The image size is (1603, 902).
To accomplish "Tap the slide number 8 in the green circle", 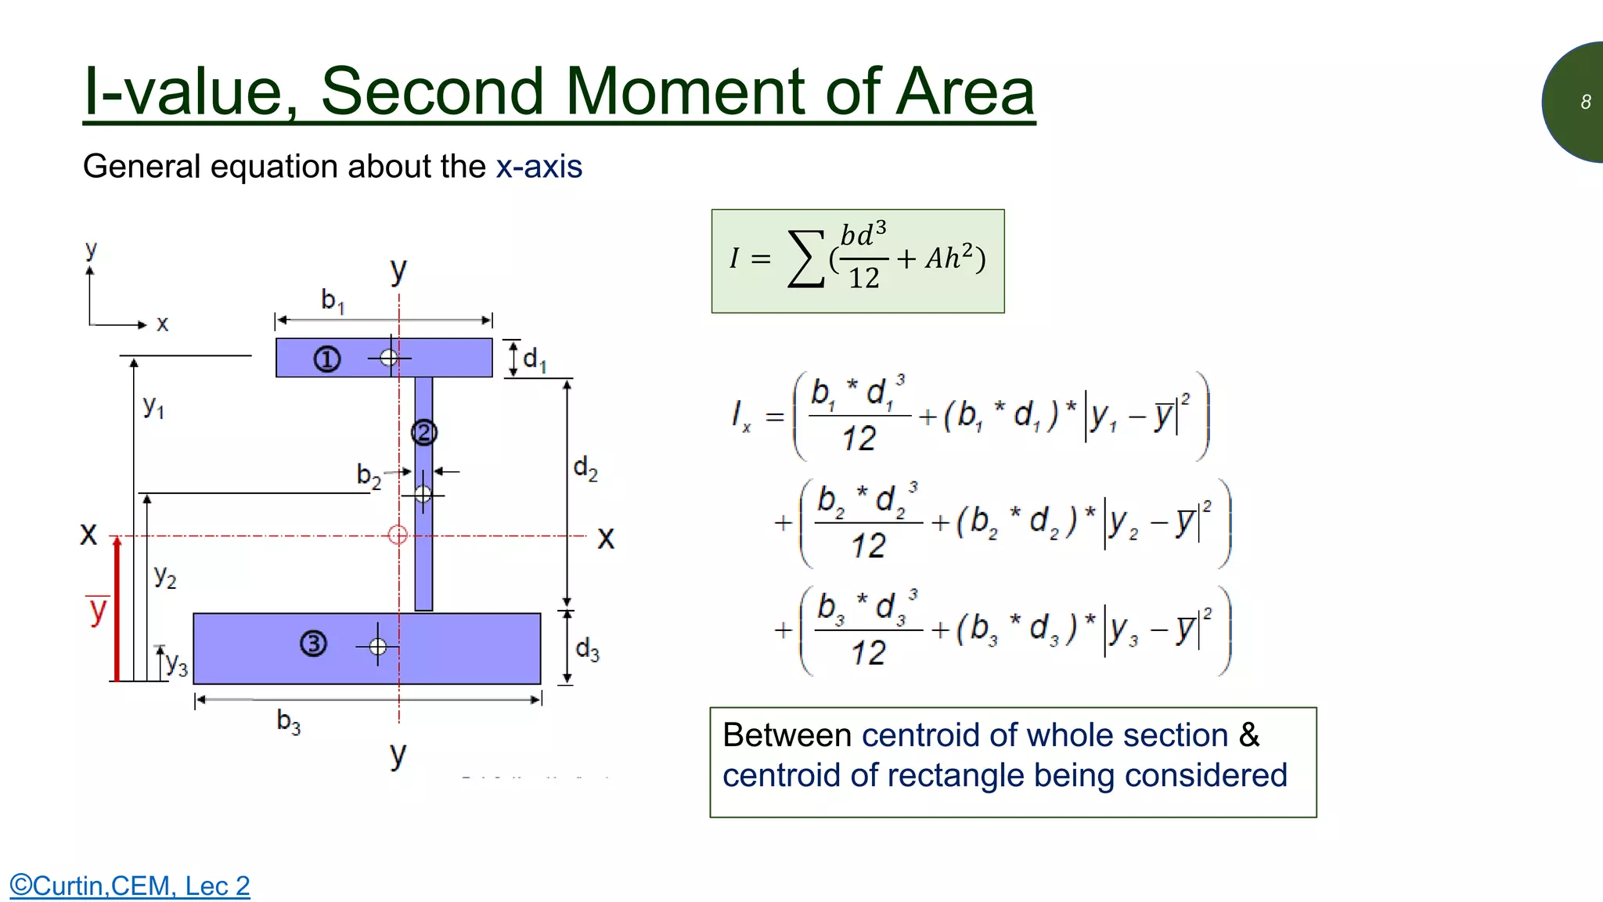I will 1585,102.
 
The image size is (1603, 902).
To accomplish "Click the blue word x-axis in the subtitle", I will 539,167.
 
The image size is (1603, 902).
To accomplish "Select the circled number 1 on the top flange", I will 327,359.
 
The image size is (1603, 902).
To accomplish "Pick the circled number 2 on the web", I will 423,432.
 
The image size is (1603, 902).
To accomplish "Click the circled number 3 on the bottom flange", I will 313,644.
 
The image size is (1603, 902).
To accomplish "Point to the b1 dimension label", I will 333,300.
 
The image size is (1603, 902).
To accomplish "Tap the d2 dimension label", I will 585,468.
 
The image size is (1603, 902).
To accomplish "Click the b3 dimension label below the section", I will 288,721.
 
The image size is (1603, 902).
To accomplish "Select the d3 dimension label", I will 587,649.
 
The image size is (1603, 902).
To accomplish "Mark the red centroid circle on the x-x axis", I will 398,535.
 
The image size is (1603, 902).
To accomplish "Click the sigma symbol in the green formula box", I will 806,258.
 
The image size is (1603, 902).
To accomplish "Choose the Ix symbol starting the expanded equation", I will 740,415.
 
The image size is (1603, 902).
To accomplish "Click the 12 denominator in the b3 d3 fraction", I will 868,653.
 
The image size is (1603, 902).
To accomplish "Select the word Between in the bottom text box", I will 787,735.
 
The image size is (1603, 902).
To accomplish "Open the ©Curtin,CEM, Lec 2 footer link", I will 130,886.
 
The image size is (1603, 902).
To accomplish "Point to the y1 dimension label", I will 153,407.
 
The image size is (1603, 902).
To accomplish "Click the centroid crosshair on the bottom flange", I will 378,647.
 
